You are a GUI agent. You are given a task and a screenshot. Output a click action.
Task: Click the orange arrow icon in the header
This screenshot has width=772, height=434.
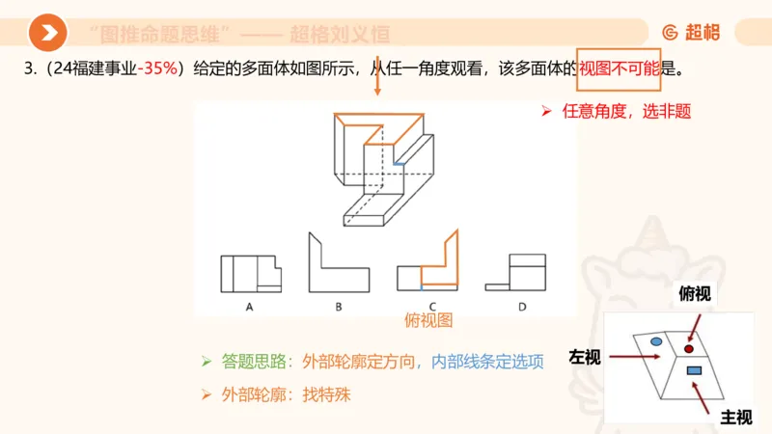(x=47, y=34)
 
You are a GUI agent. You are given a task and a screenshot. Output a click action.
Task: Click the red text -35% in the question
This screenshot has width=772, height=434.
(x=157, y=68)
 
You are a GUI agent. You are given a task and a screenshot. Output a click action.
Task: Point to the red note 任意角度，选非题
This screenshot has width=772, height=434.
(x=626, y=111)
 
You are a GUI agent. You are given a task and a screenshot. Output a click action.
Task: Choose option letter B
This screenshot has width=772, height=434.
(x=339, y=307)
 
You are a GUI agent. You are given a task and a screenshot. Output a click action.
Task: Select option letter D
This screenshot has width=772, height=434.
(x=521, y=307)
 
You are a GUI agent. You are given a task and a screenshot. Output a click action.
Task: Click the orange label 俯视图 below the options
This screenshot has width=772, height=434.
(x=429, y=321)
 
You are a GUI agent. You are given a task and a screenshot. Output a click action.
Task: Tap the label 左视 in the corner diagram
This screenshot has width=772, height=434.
(x=585, y=358)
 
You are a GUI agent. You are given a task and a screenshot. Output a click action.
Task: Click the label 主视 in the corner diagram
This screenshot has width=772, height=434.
(x=736, y=417)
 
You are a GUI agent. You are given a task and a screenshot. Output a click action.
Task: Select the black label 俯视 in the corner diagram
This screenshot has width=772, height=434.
(x=695, y=294)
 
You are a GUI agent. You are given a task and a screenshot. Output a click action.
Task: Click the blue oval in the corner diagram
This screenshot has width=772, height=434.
(x=656, y=341)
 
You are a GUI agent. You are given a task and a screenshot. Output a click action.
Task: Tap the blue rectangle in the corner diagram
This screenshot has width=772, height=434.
(x=693, y=371)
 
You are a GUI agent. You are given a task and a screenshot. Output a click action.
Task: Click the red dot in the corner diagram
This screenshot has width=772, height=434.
(x=689, y=348)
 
